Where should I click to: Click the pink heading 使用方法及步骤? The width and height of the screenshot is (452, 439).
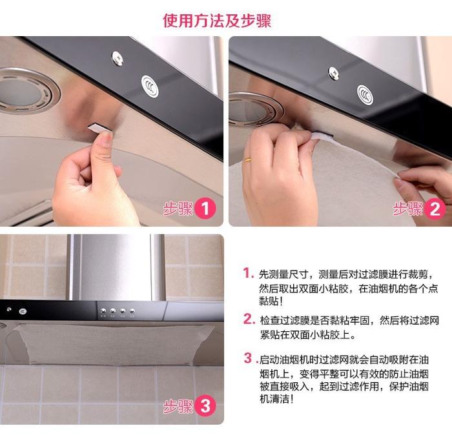coord(217,21)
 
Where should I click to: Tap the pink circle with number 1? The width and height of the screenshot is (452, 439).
coord(205,208)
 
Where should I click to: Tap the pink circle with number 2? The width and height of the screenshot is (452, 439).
coord(435,209)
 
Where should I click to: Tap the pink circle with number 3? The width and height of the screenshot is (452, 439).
coord(205,406)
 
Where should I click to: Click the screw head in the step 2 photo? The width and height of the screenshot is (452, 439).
coord(334,73)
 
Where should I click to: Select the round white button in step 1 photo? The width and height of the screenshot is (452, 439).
coord(150,86)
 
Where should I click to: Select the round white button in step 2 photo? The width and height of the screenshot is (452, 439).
coord(365,94)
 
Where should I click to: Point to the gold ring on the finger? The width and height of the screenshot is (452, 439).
coord(247,160)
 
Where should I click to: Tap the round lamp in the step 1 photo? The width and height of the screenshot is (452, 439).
coord(25,92)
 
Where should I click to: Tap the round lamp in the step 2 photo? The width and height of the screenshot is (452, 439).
coord(254,110)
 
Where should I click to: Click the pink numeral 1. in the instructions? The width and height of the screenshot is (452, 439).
coord(248,272)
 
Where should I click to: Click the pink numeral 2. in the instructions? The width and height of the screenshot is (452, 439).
coord(249,319)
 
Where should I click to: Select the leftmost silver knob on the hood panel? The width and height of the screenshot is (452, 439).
coord(103,311)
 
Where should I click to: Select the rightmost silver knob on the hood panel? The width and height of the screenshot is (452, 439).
coord(132,311)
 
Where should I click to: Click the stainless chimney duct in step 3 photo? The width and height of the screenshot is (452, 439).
coord(116,267)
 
